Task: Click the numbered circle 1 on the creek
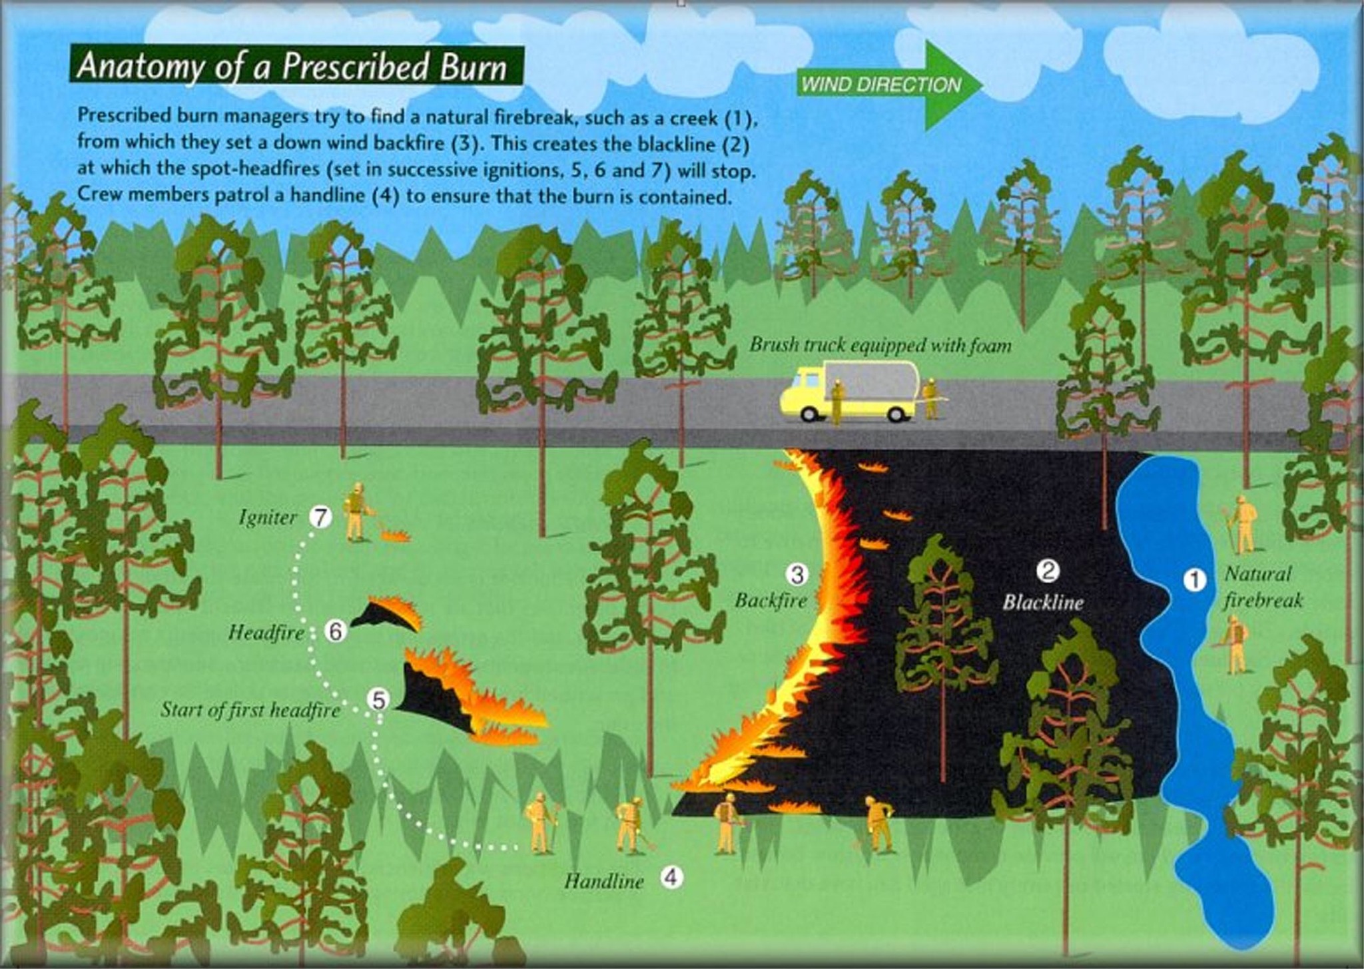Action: point(1194,580)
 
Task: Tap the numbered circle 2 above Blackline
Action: point(1048,571)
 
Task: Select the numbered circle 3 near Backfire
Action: point(797,573)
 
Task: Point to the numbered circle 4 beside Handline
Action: point(671,877)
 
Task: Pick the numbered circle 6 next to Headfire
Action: point(335,631)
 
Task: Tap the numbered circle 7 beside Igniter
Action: point(320,517)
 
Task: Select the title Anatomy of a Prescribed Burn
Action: point(293,67)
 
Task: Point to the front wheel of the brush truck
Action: point(809,414)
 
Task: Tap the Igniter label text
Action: point(268,518)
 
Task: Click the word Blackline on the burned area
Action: point(1043,603)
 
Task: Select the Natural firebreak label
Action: point(1262,587)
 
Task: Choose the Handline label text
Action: point(604,882)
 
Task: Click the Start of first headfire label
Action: point(250,711)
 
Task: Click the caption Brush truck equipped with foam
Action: point(880,345)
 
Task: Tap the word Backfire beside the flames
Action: point(771,601)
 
